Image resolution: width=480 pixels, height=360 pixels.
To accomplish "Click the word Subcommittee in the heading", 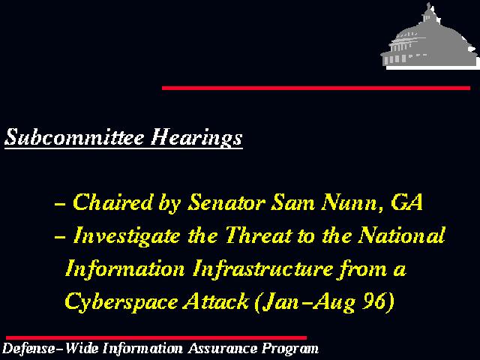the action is coord(74,136).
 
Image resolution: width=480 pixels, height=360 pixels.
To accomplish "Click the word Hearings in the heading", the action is coord(196,137).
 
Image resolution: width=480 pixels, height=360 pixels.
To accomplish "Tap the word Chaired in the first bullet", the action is coord(112,202).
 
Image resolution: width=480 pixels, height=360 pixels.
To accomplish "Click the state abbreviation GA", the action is coord(406,202).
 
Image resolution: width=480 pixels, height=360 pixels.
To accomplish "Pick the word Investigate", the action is coord(127,236).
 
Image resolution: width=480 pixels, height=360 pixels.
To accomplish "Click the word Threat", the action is coord(259,235).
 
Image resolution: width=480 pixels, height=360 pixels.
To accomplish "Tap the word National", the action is coord(402,235).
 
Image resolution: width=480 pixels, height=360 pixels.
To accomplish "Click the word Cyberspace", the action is coord(121,302).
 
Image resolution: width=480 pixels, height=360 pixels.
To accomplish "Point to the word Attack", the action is coord(216,301).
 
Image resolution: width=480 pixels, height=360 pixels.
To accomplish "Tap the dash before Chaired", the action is coord(60,203).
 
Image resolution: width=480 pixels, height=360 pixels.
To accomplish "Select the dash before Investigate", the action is coord(60,237).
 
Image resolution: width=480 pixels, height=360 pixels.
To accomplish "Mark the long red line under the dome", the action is coord(316,88).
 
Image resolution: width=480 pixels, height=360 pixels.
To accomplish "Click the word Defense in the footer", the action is coord(28,348).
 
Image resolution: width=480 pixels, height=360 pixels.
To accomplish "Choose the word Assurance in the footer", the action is coord(223,348).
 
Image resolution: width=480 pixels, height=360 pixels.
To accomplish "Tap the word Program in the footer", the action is coord(290,349).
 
